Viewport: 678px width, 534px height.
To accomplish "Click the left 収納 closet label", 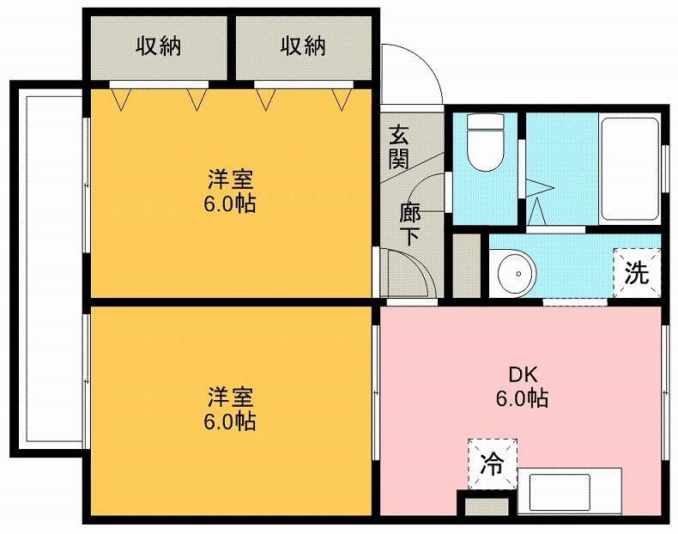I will click(158, 45).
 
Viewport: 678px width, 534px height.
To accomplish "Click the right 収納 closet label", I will click(303, 45).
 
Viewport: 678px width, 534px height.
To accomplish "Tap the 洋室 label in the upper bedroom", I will click(231, 181).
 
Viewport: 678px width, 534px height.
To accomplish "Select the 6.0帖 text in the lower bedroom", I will click(231, 422).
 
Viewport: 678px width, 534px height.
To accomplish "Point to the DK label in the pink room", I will click(522, 375).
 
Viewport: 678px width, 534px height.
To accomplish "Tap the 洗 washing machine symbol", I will click(636, 273).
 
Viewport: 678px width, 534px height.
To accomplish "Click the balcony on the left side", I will click(47, 266).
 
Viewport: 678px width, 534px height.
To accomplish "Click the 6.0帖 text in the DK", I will click(522, 398).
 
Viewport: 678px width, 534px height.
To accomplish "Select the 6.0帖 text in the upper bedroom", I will click(231, 205).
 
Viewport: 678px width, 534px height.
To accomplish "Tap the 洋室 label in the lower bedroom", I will click(231, 397).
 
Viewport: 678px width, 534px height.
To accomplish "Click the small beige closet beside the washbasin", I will click(467, 265).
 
